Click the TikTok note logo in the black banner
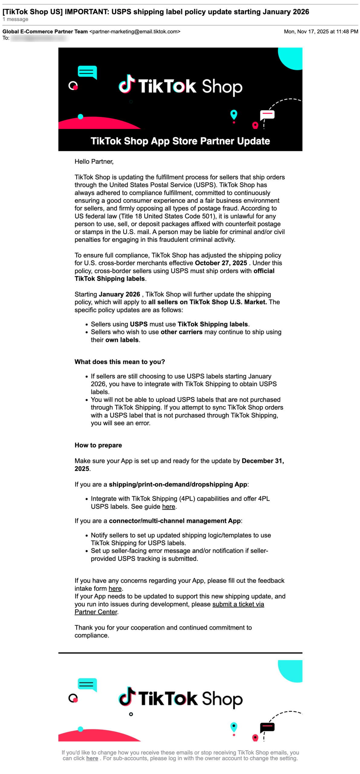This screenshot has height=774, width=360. tap(126, 84)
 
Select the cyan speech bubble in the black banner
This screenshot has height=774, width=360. tap(87, 72)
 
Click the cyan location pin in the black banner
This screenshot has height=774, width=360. tap(233, 115)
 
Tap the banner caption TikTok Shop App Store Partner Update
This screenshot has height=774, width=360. tap(180, 141)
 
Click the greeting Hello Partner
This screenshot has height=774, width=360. tap(94, 161)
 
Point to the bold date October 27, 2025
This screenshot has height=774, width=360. tap(221, 263)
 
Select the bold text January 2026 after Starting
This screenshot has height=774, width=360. tap(119, 294)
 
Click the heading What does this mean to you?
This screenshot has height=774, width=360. tap(120, 362)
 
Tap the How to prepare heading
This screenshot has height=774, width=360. tap(98, 445)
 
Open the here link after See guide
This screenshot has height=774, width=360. tap(168, 506)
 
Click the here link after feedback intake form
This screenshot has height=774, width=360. tap(115, 588)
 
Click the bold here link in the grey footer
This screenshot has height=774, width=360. tap(92, 758)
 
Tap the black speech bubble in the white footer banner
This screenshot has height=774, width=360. tap(267, 726)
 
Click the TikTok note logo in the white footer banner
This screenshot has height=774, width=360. tap(126, 696)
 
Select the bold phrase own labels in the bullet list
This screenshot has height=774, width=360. tap(122, 340)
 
